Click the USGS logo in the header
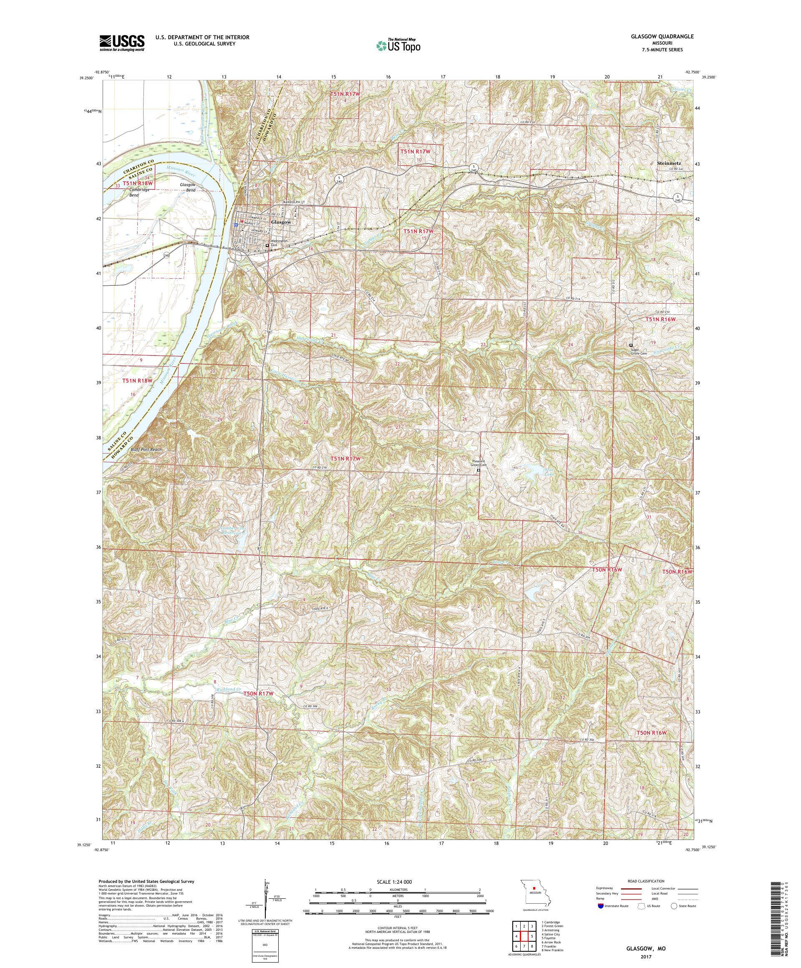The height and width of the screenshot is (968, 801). coord(122,43)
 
